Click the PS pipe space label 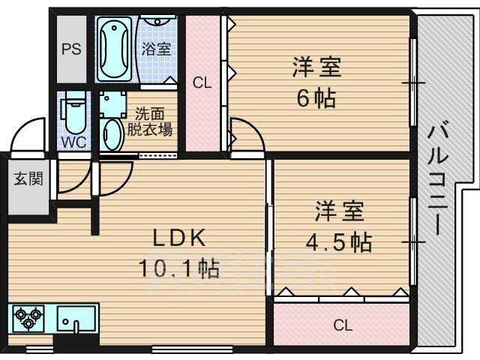click(72, 49)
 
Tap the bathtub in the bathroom click(114, 49)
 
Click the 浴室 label click(156, 49)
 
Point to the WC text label click(73, 142)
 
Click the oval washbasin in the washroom click(112, 135)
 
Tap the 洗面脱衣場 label click(150, 121)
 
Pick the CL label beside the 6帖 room click(202, 82)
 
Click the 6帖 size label click(316, 98)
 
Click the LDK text click(179, 238)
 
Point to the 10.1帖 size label click(179, 268)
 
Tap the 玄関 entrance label click(28, 178)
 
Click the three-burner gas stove click(28, 318)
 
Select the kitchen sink click(76, 319)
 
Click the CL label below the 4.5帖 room click(343, 325)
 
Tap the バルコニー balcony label click(437, 178)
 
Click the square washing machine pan click(112, 104)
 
